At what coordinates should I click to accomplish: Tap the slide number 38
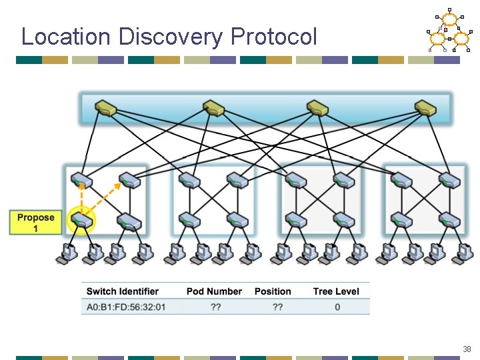coord(467,349)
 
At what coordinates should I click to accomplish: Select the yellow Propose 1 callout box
coord(36,223)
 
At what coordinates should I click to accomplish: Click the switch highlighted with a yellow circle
coord(82,221)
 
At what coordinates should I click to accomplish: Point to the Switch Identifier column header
coord(123,291)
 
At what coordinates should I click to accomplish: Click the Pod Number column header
coord(214,291)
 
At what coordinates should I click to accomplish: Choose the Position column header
coord(273,291)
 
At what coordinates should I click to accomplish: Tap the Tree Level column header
coord(336,291)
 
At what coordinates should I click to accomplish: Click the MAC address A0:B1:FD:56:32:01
coord(126,307)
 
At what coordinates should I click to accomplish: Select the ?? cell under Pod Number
coord(215,307)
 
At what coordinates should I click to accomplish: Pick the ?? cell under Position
coord(277,307)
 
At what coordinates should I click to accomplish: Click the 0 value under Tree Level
coord(337,307)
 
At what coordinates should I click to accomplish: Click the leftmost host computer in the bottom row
coord(67,253)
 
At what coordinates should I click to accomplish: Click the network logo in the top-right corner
coord(448,31)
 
